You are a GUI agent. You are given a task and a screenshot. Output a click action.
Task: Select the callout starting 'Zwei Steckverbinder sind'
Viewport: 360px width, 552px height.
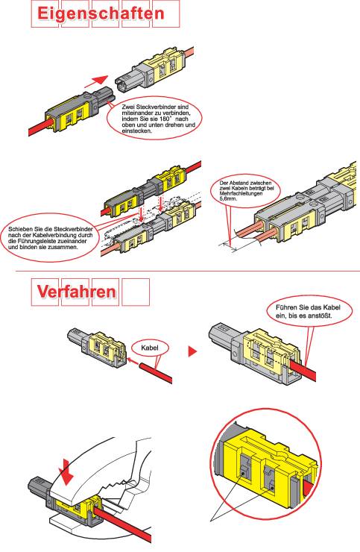click(155, 119)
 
